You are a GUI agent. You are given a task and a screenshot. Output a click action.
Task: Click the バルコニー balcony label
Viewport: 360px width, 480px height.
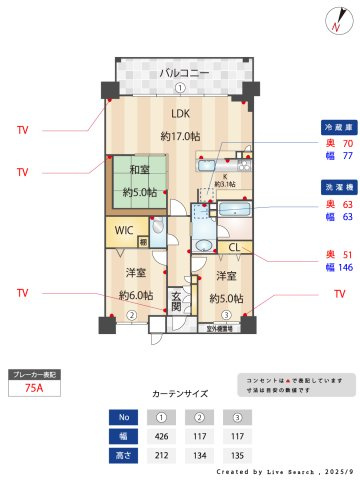[180, 73]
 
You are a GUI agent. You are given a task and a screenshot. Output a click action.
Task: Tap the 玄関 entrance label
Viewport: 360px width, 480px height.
[176, 301]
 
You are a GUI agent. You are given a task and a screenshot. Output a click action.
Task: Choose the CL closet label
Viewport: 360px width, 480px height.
[233, 247]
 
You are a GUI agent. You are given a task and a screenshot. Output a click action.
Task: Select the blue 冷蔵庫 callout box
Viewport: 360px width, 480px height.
[335, 128]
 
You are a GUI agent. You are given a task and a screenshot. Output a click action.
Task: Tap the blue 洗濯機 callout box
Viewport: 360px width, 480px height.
[335, 187]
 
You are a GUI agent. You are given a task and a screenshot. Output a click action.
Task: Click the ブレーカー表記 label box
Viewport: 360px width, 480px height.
[33, 374]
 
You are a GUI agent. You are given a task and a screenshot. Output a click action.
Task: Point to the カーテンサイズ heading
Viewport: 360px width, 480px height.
[180, 394]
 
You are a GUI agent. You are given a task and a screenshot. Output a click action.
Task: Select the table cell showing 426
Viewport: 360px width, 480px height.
[161, 436]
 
